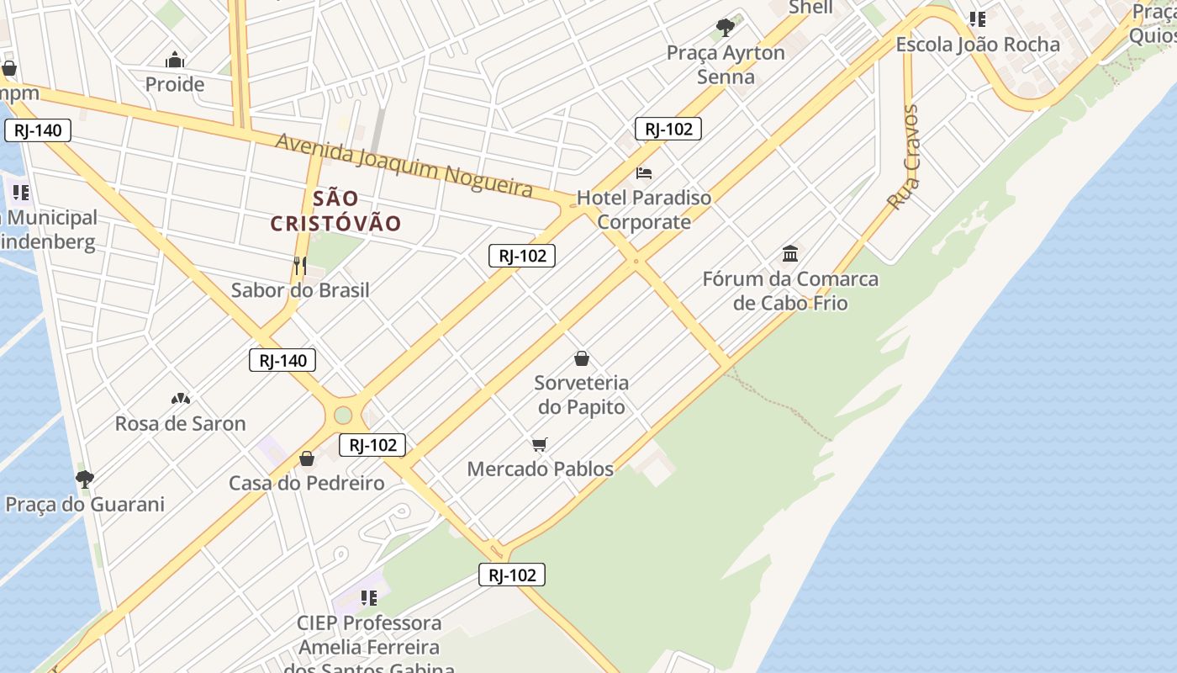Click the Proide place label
coord(175,84)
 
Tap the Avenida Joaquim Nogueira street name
coord(404,165)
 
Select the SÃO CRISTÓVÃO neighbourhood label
coord(336,211)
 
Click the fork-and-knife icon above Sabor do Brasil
coord(299,267)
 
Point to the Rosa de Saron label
coord(180,423)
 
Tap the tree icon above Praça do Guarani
coord(84,480)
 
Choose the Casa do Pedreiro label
coord(307,483)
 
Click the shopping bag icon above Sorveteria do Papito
coord(581,359)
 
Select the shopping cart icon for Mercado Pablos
coord(540,444)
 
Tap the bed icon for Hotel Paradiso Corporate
coord(644,173)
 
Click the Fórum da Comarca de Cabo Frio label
coord(790,291)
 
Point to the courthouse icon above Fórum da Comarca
coord(790,253)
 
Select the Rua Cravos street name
coord(905,158)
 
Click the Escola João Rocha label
coord(978,45)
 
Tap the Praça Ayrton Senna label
coord(726,65)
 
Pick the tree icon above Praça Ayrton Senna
coord(725,28)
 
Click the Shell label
coord(810,8)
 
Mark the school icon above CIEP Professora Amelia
coord(368,598)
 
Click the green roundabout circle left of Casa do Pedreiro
coord(342,415)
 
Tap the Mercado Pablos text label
coord(540,469)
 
